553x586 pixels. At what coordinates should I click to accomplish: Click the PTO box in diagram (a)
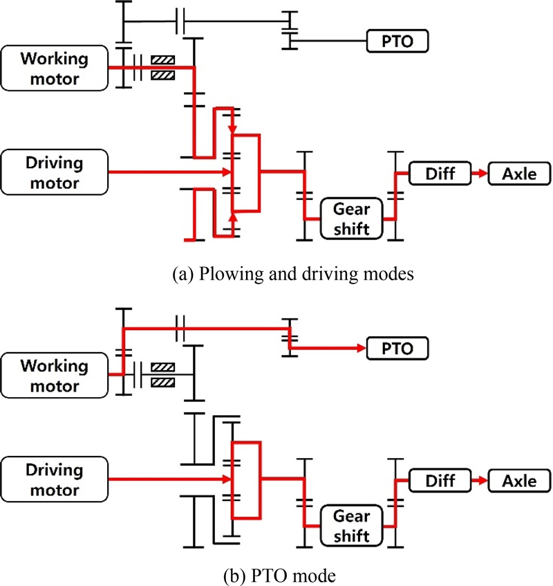397,41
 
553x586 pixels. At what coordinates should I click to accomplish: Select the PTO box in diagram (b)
397,348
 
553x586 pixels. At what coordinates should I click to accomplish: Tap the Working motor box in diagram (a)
55,68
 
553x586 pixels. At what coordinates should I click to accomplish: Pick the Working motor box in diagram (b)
55,375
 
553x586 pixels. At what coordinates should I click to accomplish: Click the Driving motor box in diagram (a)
55,172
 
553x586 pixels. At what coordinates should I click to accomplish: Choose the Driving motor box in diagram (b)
55,479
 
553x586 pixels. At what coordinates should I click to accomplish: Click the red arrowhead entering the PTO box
361,348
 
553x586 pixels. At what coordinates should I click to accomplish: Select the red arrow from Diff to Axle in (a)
479,172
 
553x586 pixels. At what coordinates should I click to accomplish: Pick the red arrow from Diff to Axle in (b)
479,479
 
